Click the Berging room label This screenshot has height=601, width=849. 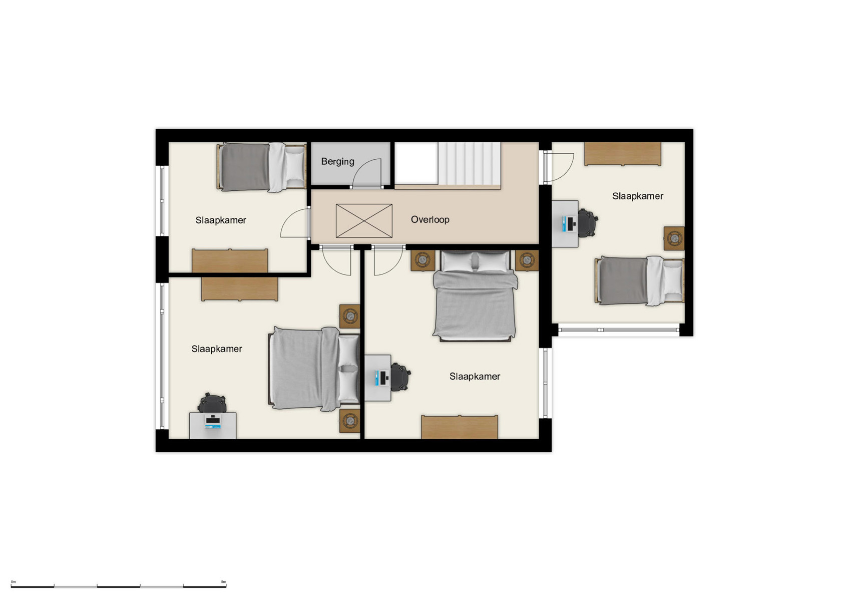tap(337, 161)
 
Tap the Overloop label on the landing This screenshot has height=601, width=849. tap(430, 219)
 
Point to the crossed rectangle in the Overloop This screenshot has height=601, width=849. tap(364, 221)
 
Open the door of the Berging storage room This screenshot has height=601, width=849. tap(369, 173)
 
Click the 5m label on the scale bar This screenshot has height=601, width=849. tap(223, 582)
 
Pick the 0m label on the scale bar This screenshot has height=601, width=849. tap(14, 582)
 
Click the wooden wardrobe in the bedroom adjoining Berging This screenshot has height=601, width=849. tap(230, 260)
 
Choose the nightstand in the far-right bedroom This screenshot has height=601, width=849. tap(674, 238)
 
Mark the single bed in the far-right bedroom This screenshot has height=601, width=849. tap(640, 280)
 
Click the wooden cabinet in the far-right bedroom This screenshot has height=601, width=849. tap(623, 154)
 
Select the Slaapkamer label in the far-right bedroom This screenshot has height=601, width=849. tap(637, 196)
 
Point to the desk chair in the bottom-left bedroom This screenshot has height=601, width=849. tap(213, 403)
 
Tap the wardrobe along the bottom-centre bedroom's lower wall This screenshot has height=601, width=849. tap(459, 427)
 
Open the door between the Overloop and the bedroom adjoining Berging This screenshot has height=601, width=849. tap(295, 224)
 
